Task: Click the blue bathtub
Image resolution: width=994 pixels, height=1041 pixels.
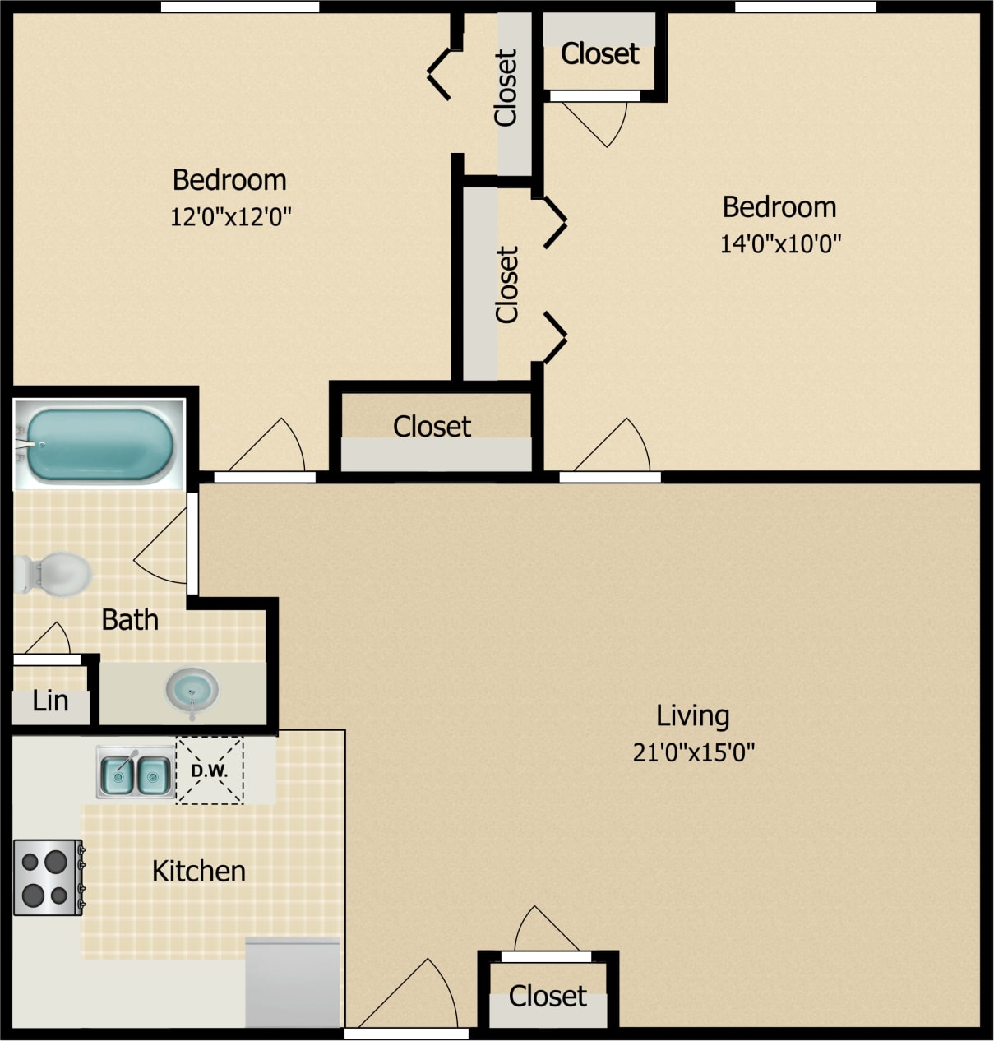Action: coord(99,445)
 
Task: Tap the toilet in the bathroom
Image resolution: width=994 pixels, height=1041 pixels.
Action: coord(53,573)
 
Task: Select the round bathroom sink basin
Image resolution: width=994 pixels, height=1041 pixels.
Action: coord(192,689)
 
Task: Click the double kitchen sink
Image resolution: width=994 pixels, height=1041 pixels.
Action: coord(135,774)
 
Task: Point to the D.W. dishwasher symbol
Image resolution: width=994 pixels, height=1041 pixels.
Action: coord(210,770)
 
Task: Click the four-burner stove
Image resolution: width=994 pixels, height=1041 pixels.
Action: coord(47,877)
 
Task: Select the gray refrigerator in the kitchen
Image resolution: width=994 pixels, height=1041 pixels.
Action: coord(293,982)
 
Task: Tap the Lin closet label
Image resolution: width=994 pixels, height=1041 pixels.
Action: coord(50,701)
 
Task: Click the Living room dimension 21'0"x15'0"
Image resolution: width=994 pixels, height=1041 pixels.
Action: coord(693,752)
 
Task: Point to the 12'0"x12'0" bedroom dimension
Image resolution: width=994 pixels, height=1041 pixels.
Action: coord(230,217)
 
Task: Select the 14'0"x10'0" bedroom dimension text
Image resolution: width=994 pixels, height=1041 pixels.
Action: coord(780,244)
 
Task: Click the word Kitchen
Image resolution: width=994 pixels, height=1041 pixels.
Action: coord(199,872)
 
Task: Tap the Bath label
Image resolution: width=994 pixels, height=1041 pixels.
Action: coord(130,620)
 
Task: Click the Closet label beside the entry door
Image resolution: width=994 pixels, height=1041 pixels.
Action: coord(548,997)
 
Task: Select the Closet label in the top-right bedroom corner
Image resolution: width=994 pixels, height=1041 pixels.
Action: coord(599,54)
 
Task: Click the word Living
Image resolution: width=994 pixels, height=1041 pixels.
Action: coord(692,715)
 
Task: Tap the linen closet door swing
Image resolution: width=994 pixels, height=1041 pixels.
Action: coord(48,641)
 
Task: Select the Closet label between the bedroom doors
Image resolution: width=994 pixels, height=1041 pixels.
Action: coord(432,427)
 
